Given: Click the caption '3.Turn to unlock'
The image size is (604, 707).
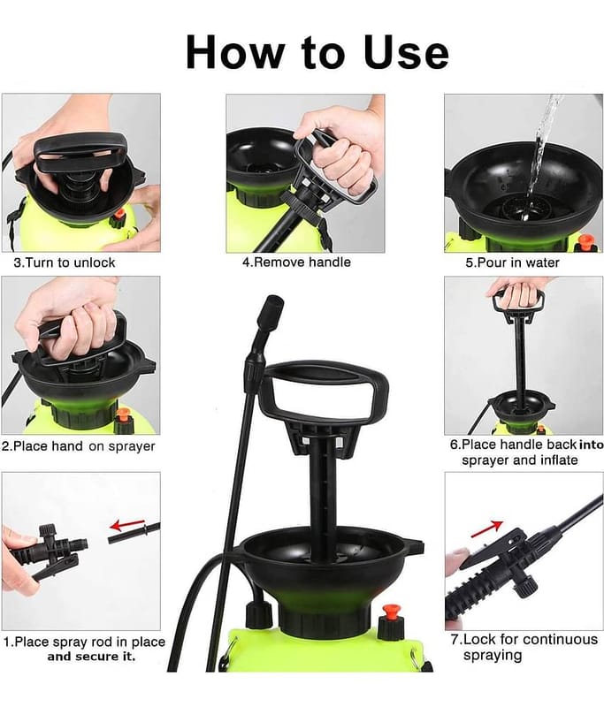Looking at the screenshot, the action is click(x=65, y=262).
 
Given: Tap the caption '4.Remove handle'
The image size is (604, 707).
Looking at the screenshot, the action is click(x=296, y=262).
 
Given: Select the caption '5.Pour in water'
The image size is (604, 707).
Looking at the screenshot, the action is click(x=512, y=262).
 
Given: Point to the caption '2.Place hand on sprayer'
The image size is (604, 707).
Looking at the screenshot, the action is click(x=79, y=446).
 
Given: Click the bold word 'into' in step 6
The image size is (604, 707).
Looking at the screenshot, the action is click(x=591, y=445).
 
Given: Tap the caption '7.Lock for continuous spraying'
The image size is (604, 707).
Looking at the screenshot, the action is click(x=524, y=647).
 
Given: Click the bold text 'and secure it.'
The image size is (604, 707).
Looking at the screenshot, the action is click(x=92, y=657).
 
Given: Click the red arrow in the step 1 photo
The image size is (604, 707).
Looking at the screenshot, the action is click(x=127, y=525).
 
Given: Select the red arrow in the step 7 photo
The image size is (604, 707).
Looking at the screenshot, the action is click(x=486, y=528).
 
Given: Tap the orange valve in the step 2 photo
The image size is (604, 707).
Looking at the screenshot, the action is click(x=122, y=417).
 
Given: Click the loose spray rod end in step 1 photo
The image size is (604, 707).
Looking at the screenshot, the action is click(x=134, y=533).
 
